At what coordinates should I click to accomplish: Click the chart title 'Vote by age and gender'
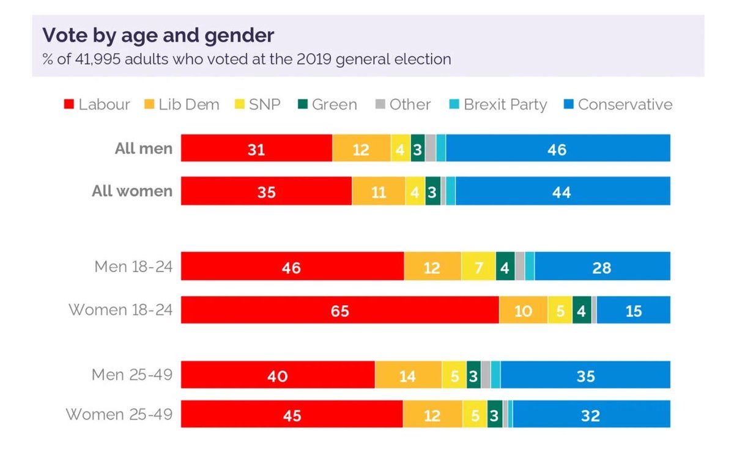[x=158, y=35]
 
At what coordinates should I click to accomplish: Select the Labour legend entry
[x=97, y=105]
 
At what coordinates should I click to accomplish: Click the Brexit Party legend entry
[x=497, y=105]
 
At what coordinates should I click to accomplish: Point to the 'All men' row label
[x=144, y=149]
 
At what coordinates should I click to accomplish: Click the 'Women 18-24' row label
[x=120, y=310]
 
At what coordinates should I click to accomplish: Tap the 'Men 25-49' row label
[x=132, y=374]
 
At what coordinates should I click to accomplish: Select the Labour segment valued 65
[x=340, y=310]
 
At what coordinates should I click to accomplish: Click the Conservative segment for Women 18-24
[x=633, y=310]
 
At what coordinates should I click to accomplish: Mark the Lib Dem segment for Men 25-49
[x=408, y=375]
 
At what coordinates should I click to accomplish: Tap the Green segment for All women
[x=432, y=191]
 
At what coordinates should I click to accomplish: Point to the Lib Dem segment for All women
[x=378, y=191]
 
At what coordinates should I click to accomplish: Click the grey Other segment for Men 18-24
[x=520, y=266]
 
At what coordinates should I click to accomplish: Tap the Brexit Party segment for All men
[x=441, y=149]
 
